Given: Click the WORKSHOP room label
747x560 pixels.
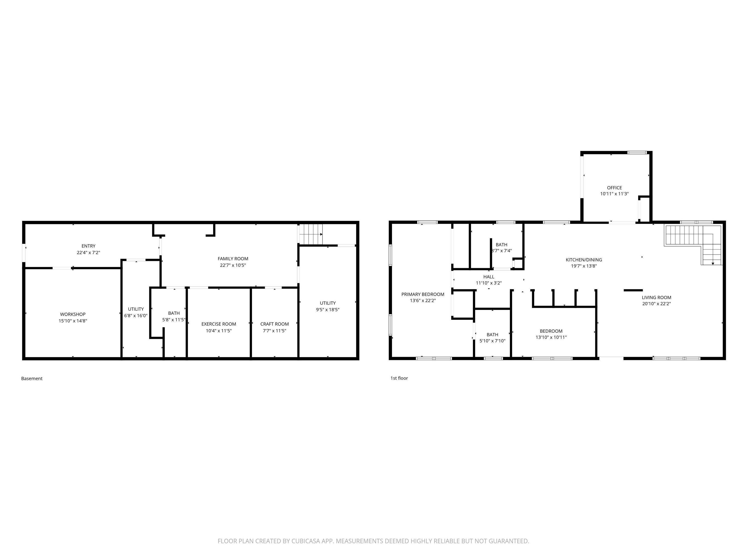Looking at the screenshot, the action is coord(73,314).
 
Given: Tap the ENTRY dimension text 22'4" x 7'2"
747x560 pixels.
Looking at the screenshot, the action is coord(89,253).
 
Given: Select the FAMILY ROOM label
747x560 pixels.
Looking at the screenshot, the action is coord(233,259).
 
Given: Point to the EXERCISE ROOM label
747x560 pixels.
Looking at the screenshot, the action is coord(219,324).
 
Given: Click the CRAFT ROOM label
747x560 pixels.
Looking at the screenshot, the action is coord(275,324).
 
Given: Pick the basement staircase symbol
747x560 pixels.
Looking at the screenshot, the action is coord(311,234).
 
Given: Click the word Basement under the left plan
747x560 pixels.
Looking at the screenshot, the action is coord(32,378).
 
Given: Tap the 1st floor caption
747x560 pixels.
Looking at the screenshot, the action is coord(399,378).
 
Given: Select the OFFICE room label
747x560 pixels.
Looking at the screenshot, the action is coord(614,188).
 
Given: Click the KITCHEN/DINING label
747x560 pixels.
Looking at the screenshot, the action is coord(584,260).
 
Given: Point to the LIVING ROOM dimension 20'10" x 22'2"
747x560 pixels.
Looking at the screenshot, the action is coord(657,304).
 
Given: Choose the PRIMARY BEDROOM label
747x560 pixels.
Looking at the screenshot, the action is coord(423,294).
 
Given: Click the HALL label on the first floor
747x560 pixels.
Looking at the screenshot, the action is coord(489,277).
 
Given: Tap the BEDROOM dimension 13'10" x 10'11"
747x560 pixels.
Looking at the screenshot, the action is coord(551,337).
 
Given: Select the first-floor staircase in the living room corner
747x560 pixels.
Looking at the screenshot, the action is coord(693,245).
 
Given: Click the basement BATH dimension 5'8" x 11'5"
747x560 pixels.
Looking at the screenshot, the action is coord(174,320).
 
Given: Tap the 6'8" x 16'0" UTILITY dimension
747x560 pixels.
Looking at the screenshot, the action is coord(136,316).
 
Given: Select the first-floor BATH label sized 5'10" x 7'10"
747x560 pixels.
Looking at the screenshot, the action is coord(492,335).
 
